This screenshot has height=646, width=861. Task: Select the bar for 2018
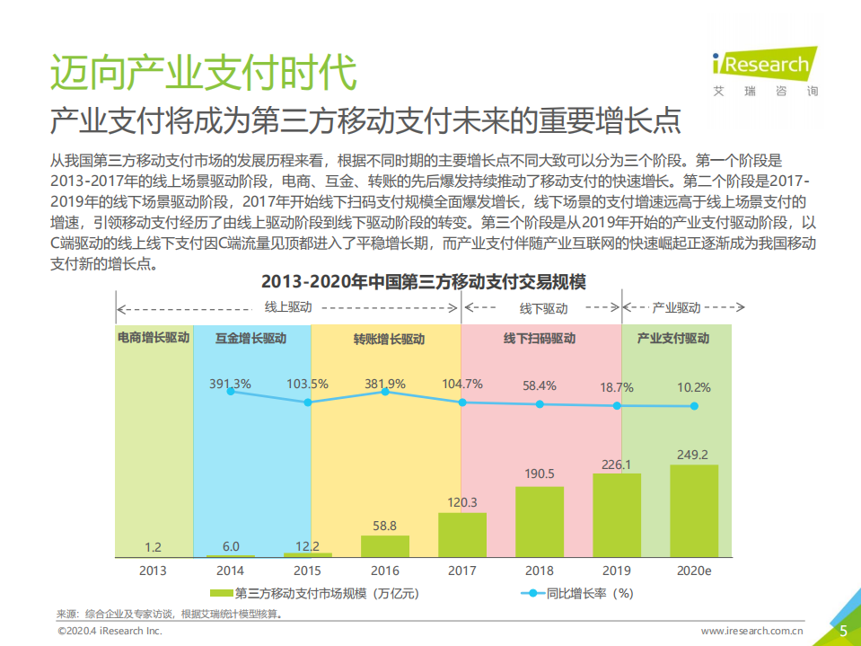click(x=540, y=522)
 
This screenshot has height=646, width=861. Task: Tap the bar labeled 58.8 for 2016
click(x=385, y=546)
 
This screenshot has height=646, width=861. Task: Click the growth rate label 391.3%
click(x=230, y=384)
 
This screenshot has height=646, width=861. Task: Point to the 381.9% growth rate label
click(x=385, y=384)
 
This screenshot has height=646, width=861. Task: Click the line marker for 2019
click(x=617, y=405)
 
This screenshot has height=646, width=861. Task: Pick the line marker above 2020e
click(x=694, y=406)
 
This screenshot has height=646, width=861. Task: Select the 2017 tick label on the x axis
click(x=462, y=571)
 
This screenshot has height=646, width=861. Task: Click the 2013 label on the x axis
click(x=153, y=571)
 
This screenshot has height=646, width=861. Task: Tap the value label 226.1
click(x=616, y=465)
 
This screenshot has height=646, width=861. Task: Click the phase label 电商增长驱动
click(x=154, y=339)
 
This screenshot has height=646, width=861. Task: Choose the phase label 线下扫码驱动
click(x=540, y=339)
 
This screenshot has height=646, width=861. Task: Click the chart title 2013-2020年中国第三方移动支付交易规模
click(x=423, y=282)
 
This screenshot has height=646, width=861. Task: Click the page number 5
click(x=843, y=631)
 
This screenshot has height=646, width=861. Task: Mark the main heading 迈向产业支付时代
click(x=203, y=73)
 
